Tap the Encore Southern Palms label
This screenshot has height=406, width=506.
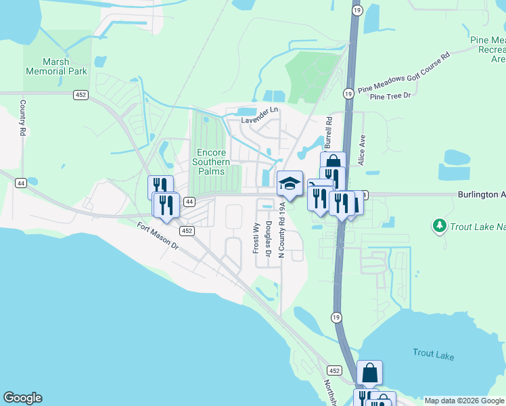click(211, 162)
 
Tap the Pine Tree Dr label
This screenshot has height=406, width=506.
click(390, 96)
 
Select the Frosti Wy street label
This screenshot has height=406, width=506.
click(256, 238)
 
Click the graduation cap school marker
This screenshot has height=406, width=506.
click(290, 183)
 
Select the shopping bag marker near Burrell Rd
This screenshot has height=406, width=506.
click(333, 162)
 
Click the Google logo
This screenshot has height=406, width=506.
click(22, 398)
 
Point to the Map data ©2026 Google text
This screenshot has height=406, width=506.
click(464, 401)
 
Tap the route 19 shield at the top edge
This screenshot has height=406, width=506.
click(356, 9)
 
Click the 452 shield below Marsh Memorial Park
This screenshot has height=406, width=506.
click(80, 95)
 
